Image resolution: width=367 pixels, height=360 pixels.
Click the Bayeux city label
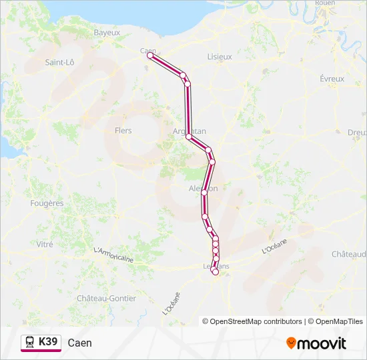tap(107, 32)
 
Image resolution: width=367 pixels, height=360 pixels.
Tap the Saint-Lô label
tap(59, 62)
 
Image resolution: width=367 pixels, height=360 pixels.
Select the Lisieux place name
tap(220, 57)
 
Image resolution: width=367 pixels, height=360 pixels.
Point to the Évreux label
tap(332, 79)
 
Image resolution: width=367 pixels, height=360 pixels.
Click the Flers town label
tap(123, 131)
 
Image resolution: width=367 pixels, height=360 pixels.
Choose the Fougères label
tap(47, 203)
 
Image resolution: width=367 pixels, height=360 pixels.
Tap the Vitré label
tap(45, 245)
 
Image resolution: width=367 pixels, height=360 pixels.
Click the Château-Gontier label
tap(107, 298)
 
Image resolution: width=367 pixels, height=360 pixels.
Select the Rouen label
tap(324, 3)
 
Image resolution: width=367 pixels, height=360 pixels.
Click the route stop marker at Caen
tap(150, 56)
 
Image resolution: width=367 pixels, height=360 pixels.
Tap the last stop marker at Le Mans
tap(215, 271)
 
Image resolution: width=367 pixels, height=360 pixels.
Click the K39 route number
tap(49, 342)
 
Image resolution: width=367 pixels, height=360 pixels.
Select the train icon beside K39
tap(30, 342)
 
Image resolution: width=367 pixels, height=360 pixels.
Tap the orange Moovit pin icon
tap(291, 343)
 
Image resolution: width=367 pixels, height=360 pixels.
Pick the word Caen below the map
tap(80, 343)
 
